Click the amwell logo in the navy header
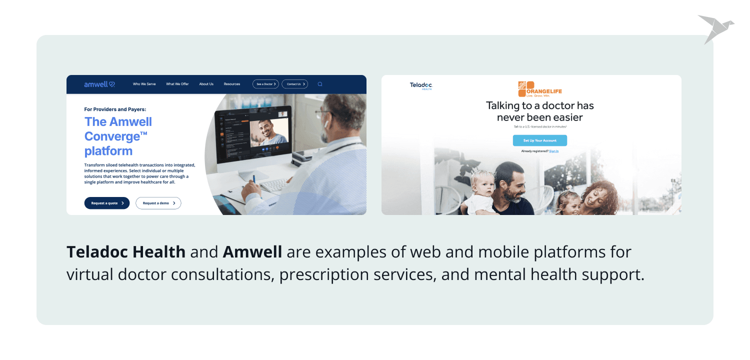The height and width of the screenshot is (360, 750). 99,84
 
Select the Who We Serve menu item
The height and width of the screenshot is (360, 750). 144,84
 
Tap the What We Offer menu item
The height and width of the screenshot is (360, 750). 177,84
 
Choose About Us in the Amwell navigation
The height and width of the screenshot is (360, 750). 206,84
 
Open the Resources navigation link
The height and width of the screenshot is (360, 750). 232,84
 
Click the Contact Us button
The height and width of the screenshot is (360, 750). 294,84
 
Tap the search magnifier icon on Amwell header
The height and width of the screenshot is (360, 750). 320,84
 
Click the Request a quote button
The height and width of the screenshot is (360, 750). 107,203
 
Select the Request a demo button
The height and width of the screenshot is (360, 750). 158,203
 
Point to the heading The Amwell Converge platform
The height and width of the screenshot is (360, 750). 118,136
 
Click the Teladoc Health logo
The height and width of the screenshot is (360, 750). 420,86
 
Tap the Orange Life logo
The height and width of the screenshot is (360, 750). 539,89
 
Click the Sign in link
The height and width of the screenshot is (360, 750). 553,151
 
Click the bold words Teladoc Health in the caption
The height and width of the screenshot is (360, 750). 126,252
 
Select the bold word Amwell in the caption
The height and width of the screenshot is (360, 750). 252,252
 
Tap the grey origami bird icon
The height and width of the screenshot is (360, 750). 714,28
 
